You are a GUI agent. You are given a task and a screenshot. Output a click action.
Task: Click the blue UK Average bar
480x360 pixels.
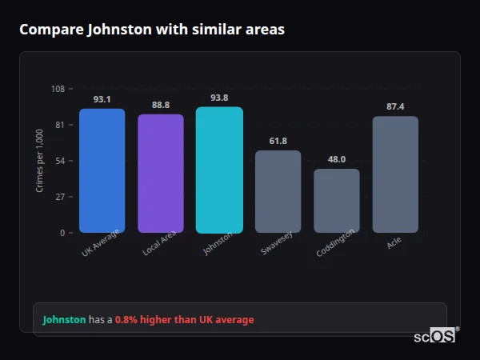tap(102, 170)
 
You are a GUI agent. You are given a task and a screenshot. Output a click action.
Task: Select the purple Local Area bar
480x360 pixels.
tap(161, 174)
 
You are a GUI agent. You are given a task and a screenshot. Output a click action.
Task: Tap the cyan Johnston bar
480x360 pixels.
tap(219, 170)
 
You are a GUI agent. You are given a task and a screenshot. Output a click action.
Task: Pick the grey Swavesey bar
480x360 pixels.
tap(278, 191)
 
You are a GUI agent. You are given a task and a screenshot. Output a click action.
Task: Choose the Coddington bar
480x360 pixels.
tap(337, 201)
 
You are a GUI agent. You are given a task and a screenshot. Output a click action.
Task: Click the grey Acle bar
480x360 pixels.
tap(395, 174)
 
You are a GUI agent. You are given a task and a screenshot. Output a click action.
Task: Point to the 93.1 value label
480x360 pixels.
tap(102, 100)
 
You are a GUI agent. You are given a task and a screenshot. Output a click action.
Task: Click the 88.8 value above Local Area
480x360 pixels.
tap(161, 105)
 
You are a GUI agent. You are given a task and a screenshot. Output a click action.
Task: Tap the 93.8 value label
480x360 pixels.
tap(219, 98)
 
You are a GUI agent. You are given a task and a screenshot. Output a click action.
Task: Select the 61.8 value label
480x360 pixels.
tap(278, 141)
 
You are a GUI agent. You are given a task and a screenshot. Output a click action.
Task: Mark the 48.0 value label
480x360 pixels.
tap(337, 159)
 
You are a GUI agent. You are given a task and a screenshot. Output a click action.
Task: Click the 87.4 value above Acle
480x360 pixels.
tap(395, 106)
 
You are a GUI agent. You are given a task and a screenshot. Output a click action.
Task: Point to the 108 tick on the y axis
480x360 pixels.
tap(58, 89)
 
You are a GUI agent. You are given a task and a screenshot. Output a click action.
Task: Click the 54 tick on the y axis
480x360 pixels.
tap(61, 161)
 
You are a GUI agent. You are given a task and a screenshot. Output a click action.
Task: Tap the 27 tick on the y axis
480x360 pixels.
tap(61, 197)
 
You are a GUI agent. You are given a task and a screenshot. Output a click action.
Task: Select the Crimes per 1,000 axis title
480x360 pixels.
tap(40, 161)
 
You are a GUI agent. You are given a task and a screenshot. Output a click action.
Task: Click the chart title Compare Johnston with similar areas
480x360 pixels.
tap(152, 30)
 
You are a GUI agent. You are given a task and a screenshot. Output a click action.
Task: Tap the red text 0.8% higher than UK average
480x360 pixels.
tap(184, 320)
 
